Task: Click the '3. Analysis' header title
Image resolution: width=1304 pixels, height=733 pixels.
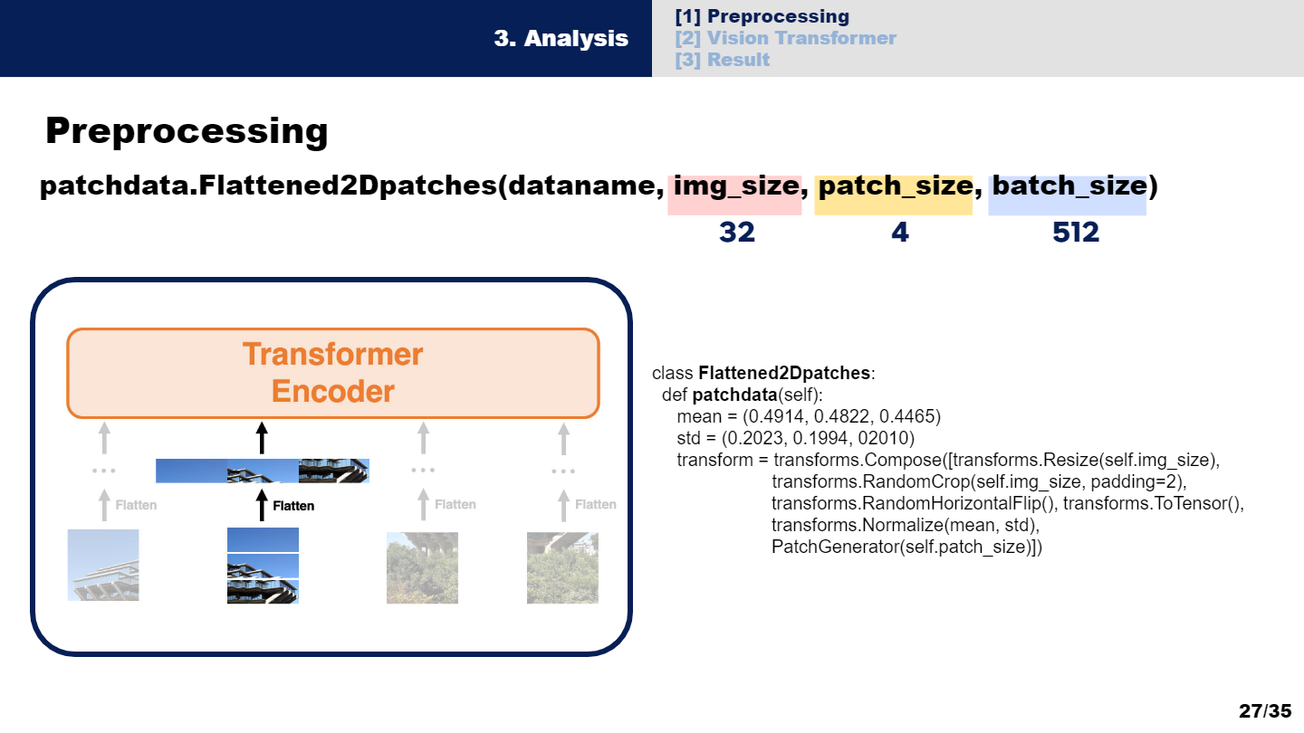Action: coord(561,39)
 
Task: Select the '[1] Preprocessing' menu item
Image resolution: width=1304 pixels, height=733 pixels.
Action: coord(762,16)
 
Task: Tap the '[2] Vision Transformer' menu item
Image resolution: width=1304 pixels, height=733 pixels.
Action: coord(785,38)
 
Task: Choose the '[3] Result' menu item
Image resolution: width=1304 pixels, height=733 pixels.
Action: coord(722,60)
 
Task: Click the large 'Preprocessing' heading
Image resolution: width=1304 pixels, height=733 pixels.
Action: coord(187,131)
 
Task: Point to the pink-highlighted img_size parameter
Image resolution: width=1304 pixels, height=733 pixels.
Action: coord(734,187)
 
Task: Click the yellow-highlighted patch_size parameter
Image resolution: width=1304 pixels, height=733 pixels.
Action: coord(893,187)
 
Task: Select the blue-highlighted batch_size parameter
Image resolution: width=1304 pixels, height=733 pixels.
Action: coord(1068,187)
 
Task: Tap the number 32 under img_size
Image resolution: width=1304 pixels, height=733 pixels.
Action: coord(736,233)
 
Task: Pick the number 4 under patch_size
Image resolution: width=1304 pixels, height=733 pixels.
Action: coord(898,233)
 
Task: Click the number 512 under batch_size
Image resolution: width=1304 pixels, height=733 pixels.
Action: coord(1075,233)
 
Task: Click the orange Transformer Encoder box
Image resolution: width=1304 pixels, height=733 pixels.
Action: coord(333,373)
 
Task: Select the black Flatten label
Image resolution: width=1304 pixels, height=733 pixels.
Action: coord(293,505)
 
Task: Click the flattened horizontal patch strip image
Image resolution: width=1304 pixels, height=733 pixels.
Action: coord(263,471)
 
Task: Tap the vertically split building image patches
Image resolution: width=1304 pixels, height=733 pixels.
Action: coord(263,566)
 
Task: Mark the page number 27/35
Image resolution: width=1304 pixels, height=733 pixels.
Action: coord(1264,710)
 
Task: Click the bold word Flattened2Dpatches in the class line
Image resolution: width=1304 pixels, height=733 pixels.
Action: coord(783,373)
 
